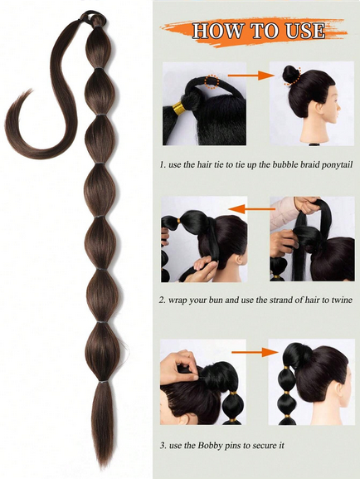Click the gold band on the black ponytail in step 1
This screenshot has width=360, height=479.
179,108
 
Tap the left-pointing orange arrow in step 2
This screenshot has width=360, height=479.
251,209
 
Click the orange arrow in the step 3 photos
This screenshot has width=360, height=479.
255,352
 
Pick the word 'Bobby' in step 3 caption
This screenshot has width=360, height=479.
210,446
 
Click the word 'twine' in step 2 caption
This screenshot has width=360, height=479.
342,300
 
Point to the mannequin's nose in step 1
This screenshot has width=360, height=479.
338,109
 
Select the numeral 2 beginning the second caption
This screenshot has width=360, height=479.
162,300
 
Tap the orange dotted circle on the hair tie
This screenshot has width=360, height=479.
212,82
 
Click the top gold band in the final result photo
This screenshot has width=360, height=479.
287,367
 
